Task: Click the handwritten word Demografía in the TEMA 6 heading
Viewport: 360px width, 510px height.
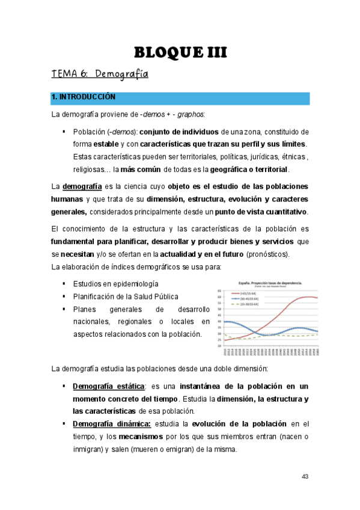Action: [x=121, y=75]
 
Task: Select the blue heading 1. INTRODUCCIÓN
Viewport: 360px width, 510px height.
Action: [x=84, y=97]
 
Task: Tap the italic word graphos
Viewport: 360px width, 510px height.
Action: [x=186, y=114]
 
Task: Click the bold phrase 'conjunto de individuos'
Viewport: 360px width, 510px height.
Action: [x=179, y=132]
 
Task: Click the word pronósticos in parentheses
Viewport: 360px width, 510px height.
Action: [x=263, y=254]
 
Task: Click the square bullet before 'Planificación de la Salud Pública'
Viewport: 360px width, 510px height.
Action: [x=64, y=296]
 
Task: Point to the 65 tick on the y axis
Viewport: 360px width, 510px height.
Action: [x=219, y=290]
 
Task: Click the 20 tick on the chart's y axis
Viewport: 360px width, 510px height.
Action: [x=219, y=346]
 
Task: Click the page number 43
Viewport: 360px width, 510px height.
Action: [x=305, y=476]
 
